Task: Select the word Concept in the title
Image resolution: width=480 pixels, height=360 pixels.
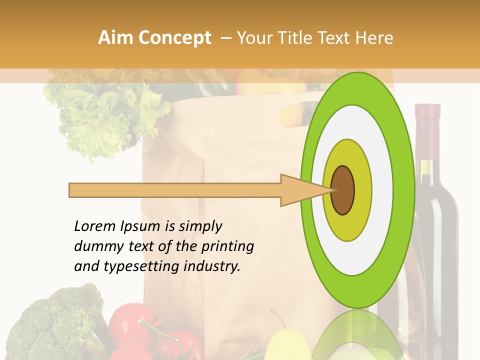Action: [174, 38]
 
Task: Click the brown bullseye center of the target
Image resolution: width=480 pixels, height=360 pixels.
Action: [343, 190]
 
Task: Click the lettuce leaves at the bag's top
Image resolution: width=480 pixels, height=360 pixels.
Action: [100, 115]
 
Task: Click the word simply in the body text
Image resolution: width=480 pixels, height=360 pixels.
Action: [200, 227]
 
